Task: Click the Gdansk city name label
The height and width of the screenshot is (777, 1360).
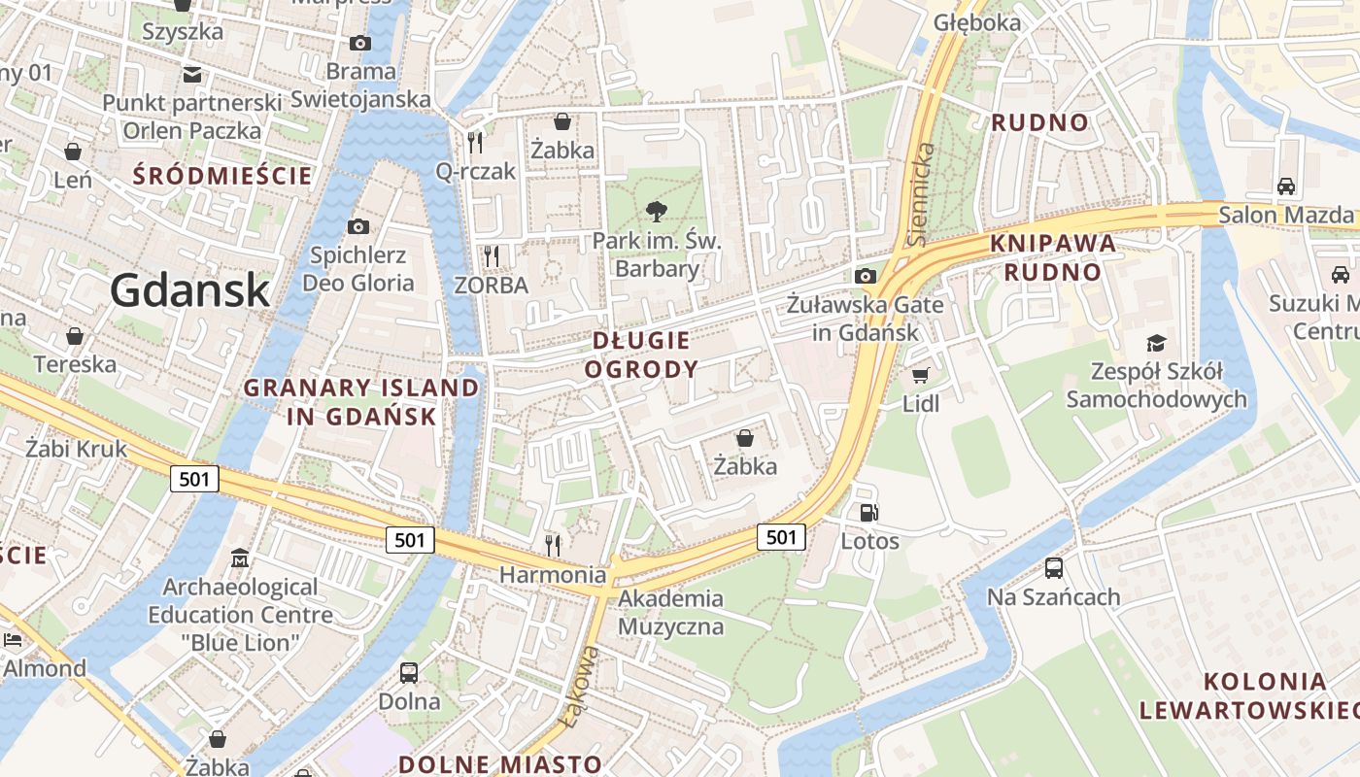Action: point(189,289)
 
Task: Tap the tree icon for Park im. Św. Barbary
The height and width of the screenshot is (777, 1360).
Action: point(657,211)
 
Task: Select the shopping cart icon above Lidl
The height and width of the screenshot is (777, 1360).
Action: point(920,375)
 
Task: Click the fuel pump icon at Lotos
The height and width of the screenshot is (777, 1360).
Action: point(868,513)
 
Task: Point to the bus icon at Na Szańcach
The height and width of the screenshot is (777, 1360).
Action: point(1054,568)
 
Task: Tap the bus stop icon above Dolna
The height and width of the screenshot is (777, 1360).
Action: point(409,672)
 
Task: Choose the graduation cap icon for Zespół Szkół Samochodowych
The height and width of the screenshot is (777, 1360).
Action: point(1156,343)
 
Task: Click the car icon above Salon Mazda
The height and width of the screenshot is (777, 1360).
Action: point(1285,186)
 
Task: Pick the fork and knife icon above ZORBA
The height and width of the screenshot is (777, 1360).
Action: point(492,256)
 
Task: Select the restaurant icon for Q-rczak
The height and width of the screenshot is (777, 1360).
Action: point(475,143)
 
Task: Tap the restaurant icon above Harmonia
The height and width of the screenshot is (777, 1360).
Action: point(553,545)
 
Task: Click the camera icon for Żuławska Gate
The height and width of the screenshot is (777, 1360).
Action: point(865,276)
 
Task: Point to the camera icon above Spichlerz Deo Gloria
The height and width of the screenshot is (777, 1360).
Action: point(358,226)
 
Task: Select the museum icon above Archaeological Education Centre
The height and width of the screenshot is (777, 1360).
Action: point(240,558)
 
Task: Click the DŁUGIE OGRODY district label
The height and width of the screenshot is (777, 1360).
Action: point(641,355)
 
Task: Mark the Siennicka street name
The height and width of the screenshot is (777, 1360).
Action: point(924,194)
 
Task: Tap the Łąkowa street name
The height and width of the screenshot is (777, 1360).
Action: point(579,686)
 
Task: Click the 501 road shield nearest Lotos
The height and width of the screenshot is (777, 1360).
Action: point(781,537)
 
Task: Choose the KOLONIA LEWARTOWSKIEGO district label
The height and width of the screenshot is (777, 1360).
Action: point(1247,695)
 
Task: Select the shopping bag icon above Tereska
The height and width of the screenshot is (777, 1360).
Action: point(75,336)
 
